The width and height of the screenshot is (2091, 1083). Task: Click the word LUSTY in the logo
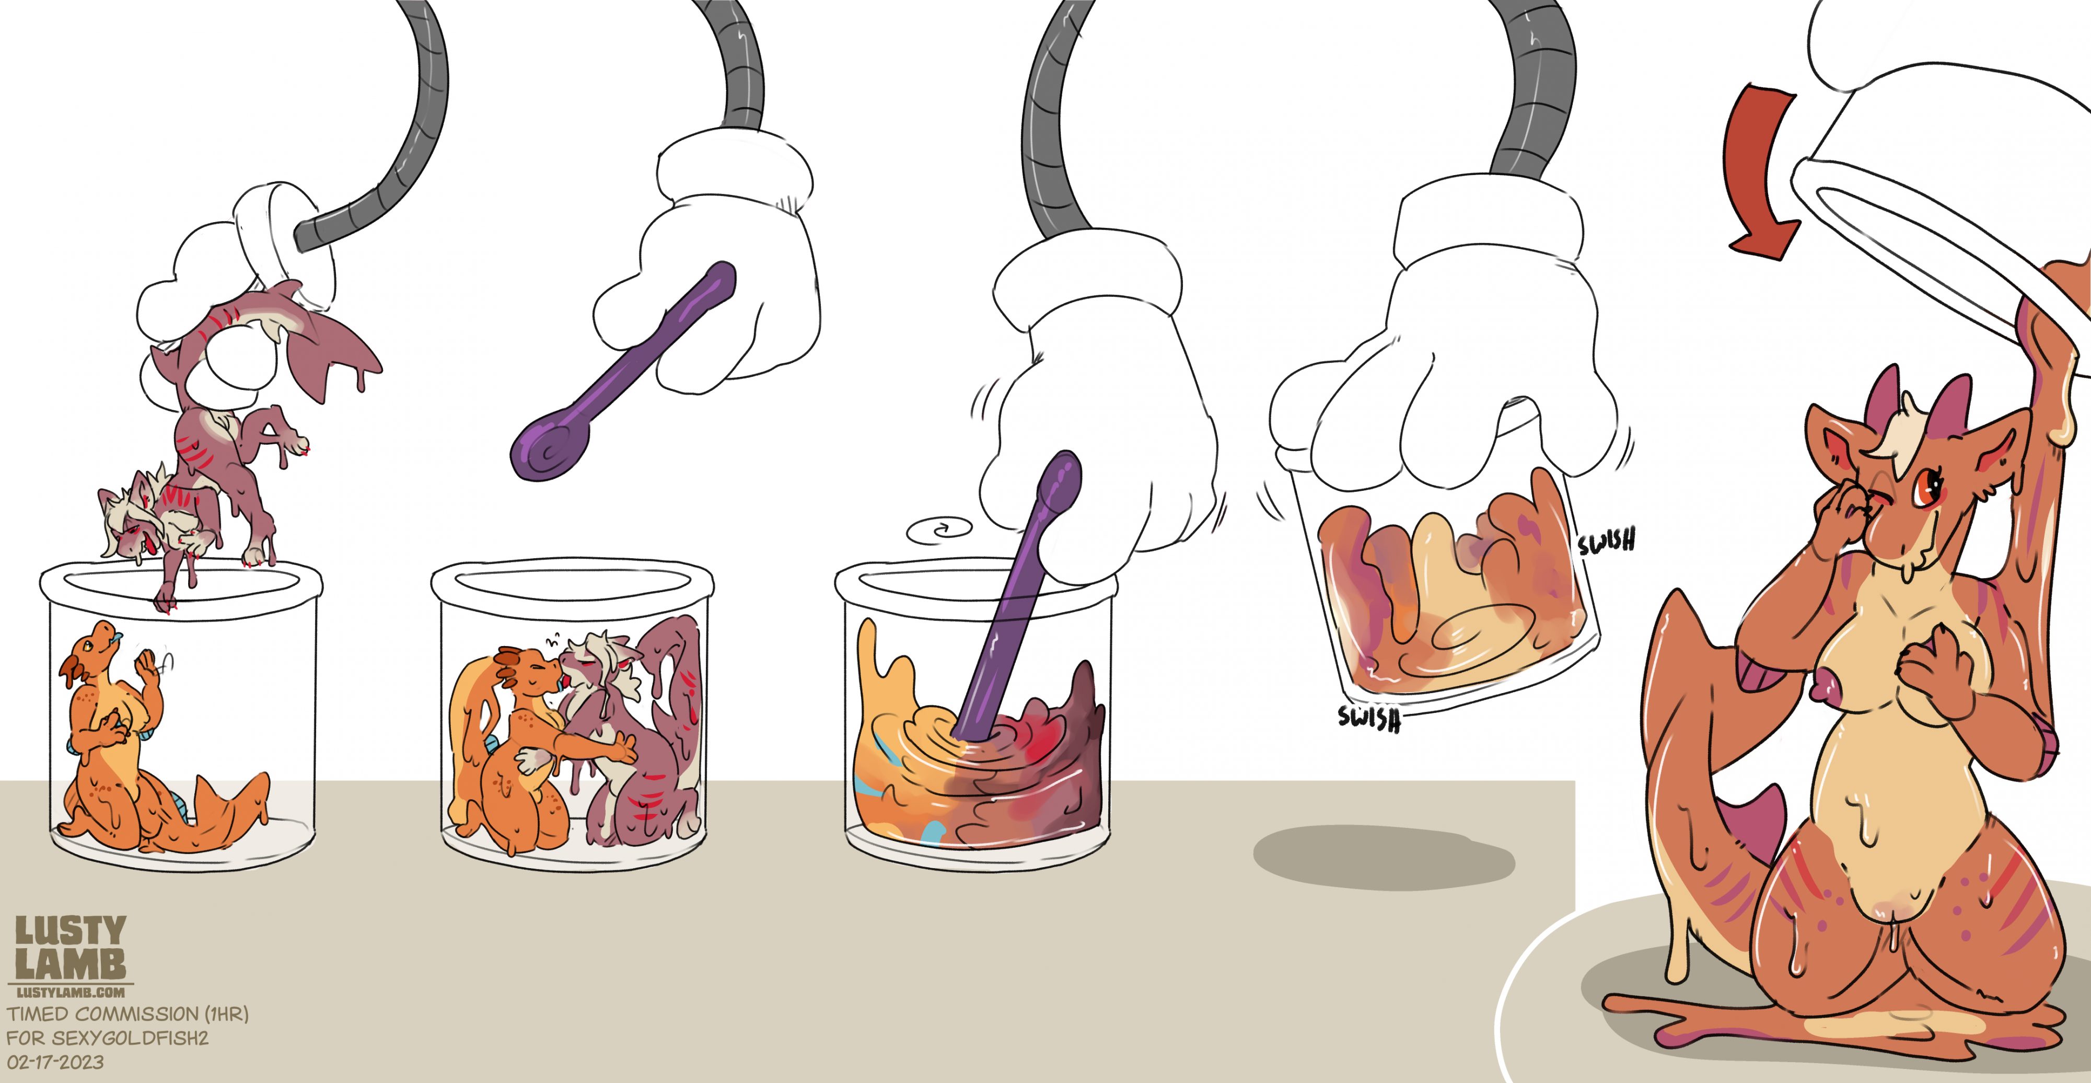click(71, 930)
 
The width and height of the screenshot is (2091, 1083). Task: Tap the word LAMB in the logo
click(71, 964)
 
